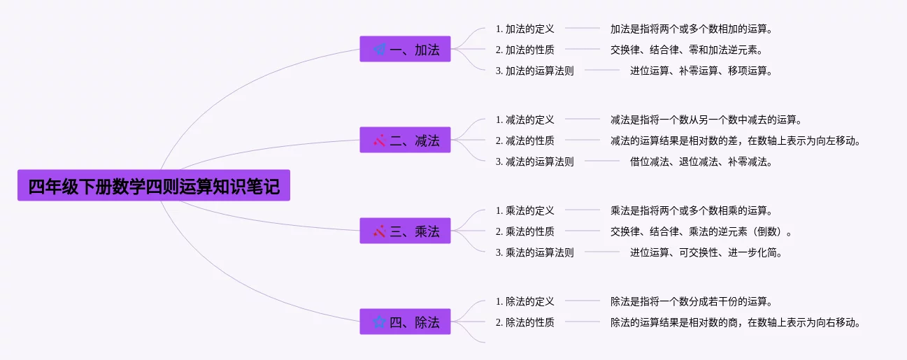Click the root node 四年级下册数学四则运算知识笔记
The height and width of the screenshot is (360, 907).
153,186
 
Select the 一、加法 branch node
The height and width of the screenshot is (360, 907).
405,50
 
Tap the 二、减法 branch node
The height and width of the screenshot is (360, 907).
405,141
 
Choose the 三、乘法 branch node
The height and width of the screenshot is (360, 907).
405,231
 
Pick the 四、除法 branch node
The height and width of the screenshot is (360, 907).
405,322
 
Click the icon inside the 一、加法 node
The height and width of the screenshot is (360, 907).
379,50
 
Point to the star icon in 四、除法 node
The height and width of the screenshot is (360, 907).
379,322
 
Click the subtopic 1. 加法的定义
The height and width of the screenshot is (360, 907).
524,29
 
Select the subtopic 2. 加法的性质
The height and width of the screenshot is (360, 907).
524,50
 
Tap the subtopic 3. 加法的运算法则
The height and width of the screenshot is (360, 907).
534,71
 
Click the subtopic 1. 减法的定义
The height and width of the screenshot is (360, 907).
524,120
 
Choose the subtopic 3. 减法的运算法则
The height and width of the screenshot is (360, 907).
534,161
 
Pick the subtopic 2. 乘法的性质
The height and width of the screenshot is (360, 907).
524,231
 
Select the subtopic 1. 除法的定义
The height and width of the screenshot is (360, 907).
524,301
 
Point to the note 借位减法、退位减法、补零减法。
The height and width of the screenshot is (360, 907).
701,161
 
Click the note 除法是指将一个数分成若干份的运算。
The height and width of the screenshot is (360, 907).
692,301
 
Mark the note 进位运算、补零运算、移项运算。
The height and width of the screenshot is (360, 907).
701,71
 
